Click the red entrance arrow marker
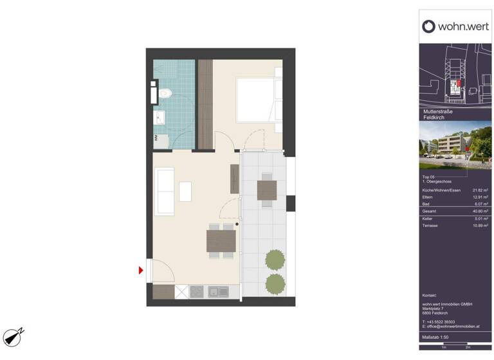pos(141,271)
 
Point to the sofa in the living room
pos(165,192)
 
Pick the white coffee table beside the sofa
pos(185,191)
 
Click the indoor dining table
pos(221,240)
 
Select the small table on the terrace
pos(266,190)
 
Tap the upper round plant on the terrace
pos(275,259)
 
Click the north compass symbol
pos(14,336)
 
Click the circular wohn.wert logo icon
pos(428,26)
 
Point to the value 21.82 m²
pos(480,190)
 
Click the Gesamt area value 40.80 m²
pos(480,211)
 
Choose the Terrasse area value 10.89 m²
pos(480,226)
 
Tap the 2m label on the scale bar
pos(468,347)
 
